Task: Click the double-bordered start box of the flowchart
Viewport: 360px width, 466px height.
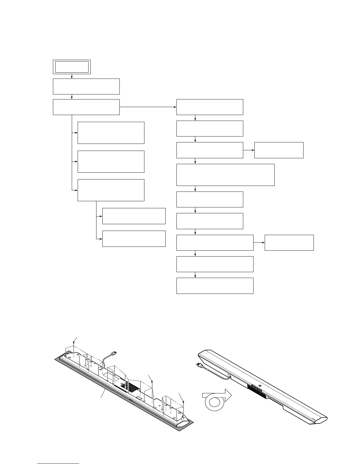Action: (71, 67)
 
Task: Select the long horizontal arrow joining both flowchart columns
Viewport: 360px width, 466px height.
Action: (148, 107)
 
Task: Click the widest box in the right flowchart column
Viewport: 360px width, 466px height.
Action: (225, 175)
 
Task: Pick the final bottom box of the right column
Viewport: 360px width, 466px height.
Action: (215, 286)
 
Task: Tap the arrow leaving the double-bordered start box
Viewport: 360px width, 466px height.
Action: (72, 76)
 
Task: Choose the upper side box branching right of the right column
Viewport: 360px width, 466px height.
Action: (279, 150)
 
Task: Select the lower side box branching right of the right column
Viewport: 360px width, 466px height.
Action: (289, 242)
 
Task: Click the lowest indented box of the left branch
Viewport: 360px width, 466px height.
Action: (134, 239)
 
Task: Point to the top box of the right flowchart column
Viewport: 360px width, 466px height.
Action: (209, 107)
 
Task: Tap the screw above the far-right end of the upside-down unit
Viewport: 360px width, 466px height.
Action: (184, 401)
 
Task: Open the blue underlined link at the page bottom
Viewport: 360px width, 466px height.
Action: (59, 463)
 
